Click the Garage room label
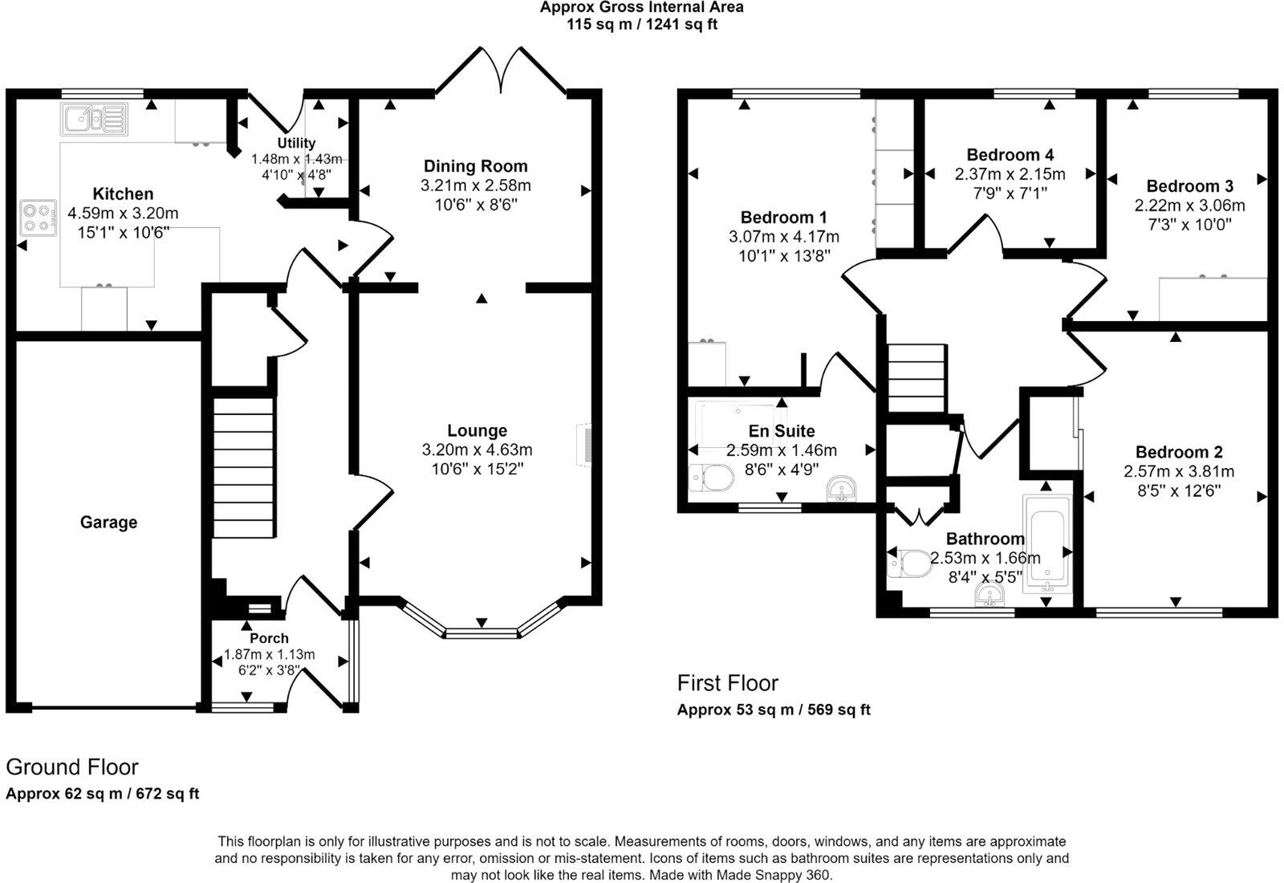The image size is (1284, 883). pyautogui.click(x=108, y=523)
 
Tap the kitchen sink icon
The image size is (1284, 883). pyautogui.click(x=93, y=119)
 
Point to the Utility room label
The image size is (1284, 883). pyautogui.click(x=296, y=143)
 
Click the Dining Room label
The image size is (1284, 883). pyautogui.click(x=475, y=166)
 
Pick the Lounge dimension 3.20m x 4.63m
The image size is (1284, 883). pyautogui.click(x=477, y=450)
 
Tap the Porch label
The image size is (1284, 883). pyautogui.click(x=269, y=638)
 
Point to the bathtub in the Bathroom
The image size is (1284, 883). pyautogui.click(x=1046, y=543)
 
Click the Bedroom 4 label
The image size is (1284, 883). pyautogui.click(x=1010, y=155)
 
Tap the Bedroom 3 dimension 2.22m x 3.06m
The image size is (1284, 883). pyautogui.click(x=1189, y=205)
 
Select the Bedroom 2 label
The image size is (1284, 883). pyautogui.click(x=1178, y=452)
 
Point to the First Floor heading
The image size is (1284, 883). pyautogui.click(x=727, y=683)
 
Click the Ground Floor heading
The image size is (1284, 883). pyautogui.click(x=72, y=767)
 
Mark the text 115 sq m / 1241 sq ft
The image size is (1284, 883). pyautogui.click(x=641, y=24)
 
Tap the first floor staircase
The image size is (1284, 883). pyautogui.click(x=916, y=377)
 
